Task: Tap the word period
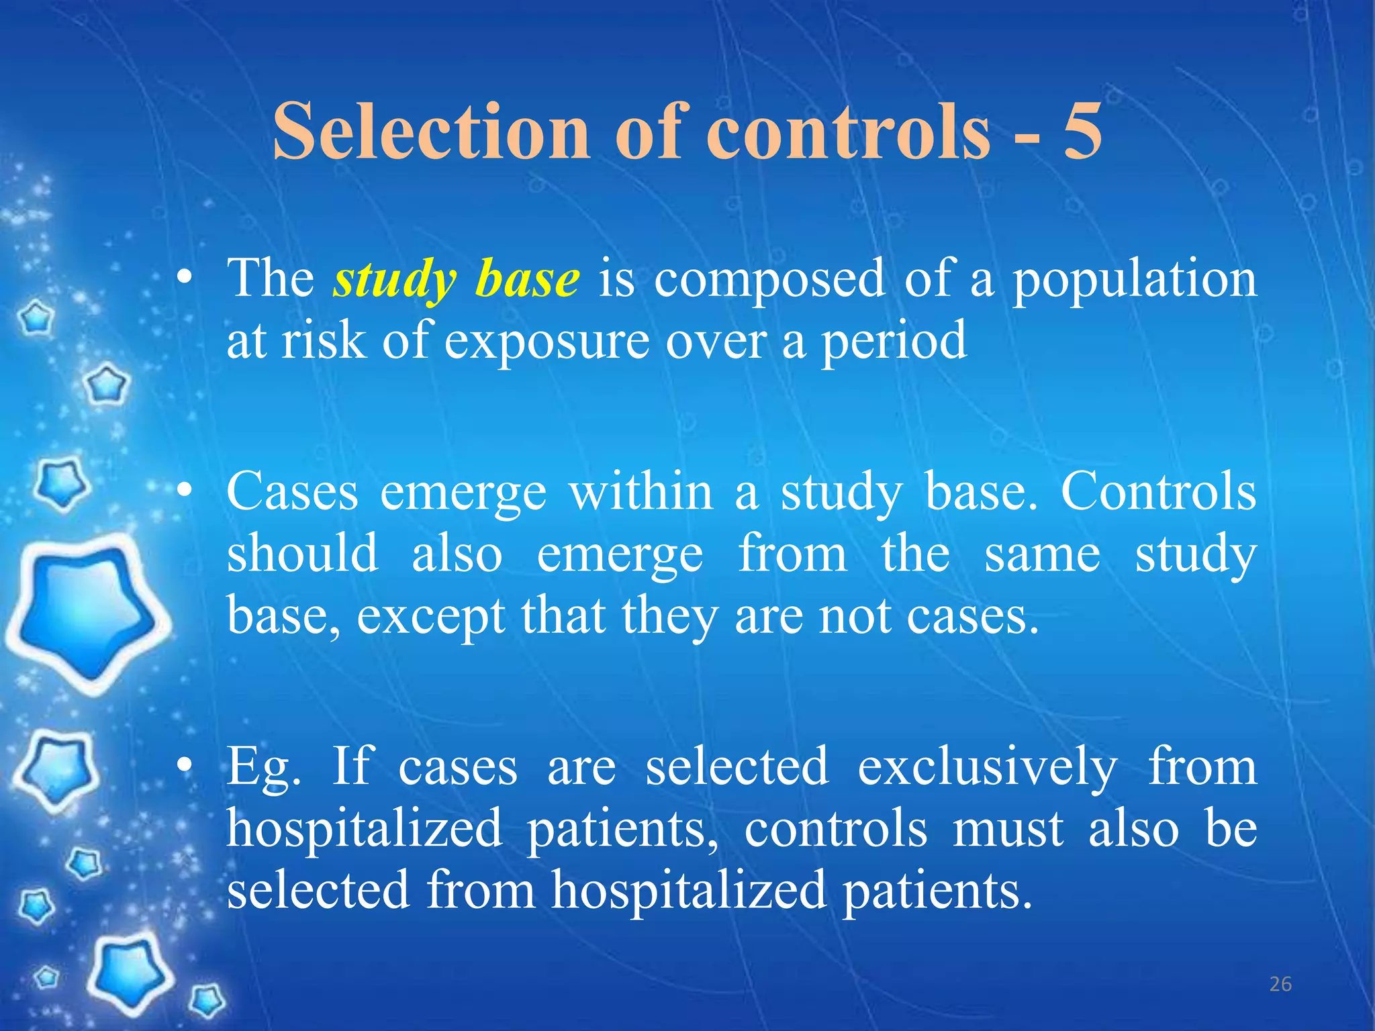click(894, 341)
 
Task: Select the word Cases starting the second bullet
click(292, 492)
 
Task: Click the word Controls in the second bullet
click(1158, 492)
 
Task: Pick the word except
click(430, 616)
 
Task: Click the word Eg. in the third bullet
click(263, 767)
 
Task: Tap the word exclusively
click(988, 767)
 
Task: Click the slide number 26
click(1280, 984)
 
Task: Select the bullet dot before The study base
click(185, 281)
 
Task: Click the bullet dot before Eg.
click(185, 767)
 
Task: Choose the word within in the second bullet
click(641, 492)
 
